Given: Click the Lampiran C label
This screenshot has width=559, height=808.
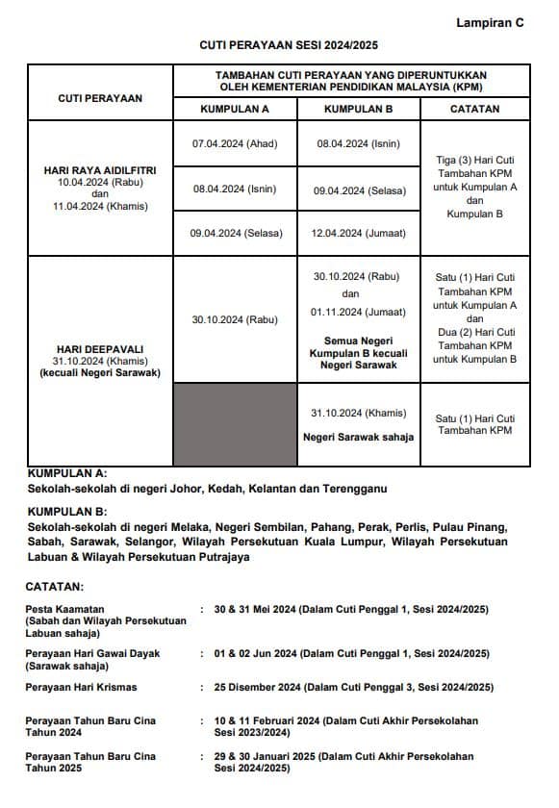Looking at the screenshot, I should [x=491, y=23].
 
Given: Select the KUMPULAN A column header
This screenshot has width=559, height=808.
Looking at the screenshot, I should [x=235, y=110].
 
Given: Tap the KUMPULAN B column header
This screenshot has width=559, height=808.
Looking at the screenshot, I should [x=358, y=110].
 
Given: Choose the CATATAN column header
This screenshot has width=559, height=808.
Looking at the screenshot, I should [x=474, y=110].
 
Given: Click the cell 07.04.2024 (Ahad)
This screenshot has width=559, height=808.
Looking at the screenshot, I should [x=235, y=144].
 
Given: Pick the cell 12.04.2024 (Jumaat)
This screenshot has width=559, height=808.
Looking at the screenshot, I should [x=358, y=233].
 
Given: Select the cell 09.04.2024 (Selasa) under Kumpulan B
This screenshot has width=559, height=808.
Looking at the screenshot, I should [x=358, y=191].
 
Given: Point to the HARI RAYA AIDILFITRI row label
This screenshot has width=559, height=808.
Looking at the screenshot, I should [x=100, y=170].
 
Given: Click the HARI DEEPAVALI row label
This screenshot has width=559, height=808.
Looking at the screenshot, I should [x=100, y=349].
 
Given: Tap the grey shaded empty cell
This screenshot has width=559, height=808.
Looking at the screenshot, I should [x=235, y=424].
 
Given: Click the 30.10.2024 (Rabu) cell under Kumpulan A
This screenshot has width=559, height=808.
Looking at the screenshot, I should [x=235, y=319].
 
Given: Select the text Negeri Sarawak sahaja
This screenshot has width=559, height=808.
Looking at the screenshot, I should [x=358, y=437].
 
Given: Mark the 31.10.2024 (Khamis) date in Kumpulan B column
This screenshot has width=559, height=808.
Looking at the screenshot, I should [x=358, y=413].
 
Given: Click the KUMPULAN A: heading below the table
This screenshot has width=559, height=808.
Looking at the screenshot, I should [x=67, y=474].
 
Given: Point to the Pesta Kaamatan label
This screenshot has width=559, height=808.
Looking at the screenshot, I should [x=65, y=609].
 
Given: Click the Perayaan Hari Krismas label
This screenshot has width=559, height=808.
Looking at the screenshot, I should [x=81, y=687].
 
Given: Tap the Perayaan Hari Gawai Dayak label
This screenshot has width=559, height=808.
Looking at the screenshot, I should [x=92, y=653].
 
